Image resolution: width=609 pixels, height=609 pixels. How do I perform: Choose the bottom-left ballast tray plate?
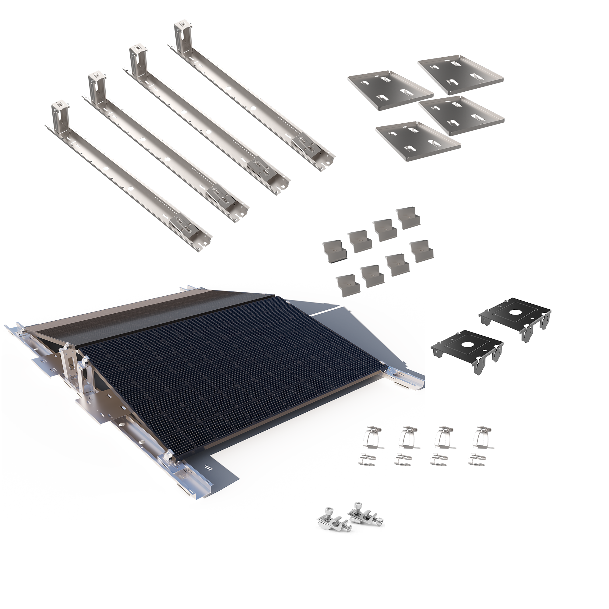coord(418,142)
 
